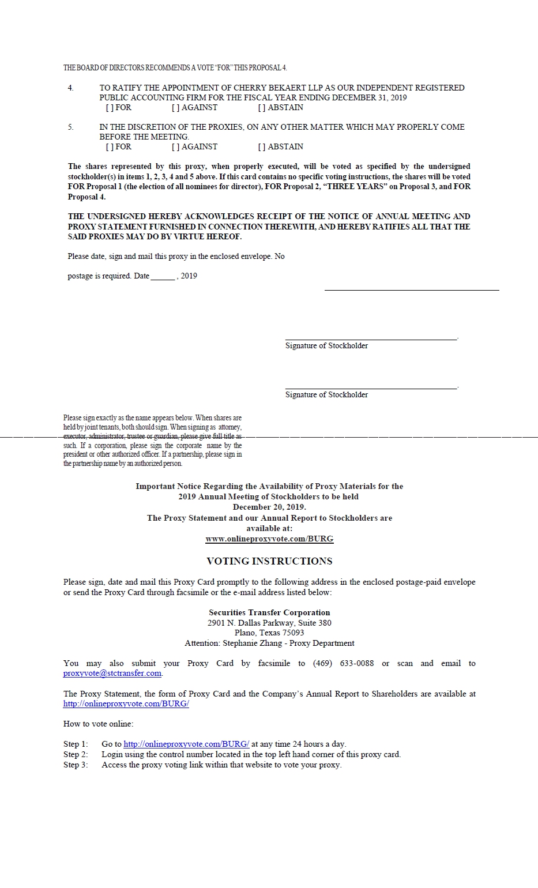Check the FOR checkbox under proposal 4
pos(109,108)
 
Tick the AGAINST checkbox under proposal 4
pos(175,108)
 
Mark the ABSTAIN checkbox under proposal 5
pos(262,147)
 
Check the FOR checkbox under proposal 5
pos(109,147)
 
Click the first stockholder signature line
pos(371,337)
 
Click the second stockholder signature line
pos(371,386)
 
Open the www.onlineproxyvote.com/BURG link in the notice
pos(269,539)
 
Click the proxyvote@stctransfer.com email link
pos(112,673)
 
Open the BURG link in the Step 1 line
pos(186,744)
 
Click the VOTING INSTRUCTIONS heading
pos(269,561)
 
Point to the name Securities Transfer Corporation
pos(269,613)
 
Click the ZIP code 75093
pos(293,633)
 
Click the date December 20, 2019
pos(269,507)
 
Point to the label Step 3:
pos(76,765)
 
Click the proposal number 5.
pos(71,127)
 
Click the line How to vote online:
pos(98,724)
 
